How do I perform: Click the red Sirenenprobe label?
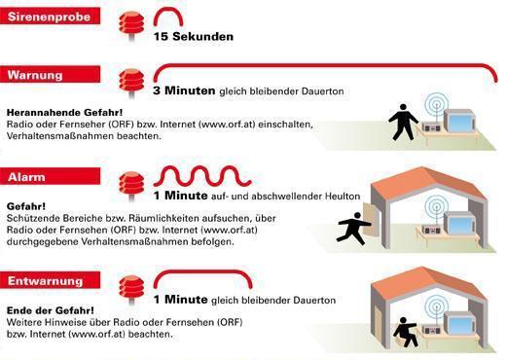pos(50,16)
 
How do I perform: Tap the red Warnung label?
pos(50,74)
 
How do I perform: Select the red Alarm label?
pos(50,176)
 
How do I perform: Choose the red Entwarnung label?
pos(50,280)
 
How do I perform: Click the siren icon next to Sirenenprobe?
pos(131,24)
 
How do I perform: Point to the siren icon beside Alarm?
pos(131,185)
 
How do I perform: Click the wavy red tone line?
pos(202,176)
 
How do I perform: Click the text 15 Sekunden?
pos(194,36)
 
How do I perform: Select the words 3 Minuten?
pos(184,90)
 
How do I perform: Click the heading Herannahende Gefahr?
pos(65,113)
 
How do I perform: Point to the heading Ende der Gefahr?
pos(51,310)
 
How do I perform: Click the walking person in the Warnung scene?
pos(403,122)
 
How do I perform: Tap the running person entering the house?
pos(353,229)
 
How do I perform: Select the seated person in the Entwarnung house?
pos(405,332)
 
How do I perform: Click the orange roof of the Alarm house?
pos(428,182)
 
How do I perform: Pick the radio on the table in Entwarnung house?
pos(432,330)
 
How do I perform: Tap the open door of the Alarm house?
pos(371,220)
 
